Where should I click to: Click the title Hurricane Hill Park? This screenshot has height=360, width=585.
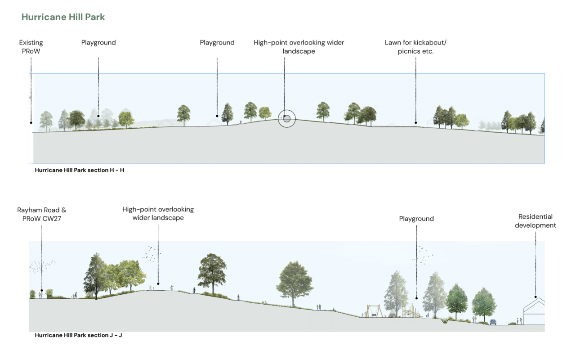[x=63, y=17]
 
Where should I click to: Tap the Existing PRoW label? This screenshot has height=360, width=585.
[x=31, y=47]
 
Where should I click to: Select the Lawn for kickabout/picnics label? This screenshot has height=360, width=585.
[x=415, y=47]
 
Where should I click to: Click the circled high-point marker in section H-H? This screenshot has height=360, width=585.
[x=286, y=119]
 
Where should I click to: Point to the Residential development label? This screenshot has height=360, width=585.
[x=536, y=221]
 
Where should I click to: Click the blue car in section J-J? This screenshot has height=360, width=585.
[x=493, y=322]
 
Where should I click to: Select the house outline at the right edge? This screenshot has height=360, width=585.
[x=534, y=311]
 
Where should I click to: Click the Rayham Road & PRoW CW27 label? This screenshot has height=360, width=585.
[x=42, y=214]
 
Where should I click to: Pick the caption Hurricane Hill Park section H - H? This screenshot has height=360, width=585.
[x=80, y=170]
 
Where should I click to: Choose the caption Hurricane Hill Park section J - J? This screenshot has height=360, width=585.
[x=79, y=335]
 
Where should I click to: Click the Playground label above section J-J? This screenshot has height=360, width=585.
[x=416, y=219]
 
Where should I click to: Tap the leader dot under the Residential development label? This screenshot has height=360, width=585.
[x=536, y=297]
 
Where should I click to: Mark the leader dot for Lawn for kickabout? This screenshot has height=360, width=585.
[x=415, y=122]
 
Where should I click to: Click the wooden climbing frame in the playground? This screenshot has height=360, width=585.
[x=411, y=310]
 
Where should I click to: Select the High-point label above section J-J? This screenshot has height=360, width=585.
[x=158, y=214]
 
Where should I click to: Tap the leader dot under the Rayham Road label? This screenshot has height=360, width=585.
[x=42, y=290]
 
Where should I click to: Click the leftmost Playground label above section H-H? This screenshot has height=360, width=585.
[x=98, y=43]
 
